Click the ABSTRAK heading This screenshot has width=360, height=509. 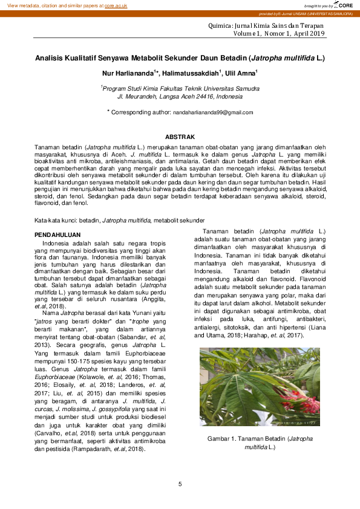(x=180, y=138)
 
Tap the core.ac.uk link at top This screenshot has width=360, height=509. (x=116, y=5)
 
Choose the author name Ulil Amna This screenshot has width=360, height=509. (x=240, y=73)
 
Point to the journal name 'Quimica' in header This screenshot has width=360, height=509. (x=220, y=26)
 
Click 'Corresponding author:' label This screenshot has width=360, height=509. (x=141, y=112)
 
